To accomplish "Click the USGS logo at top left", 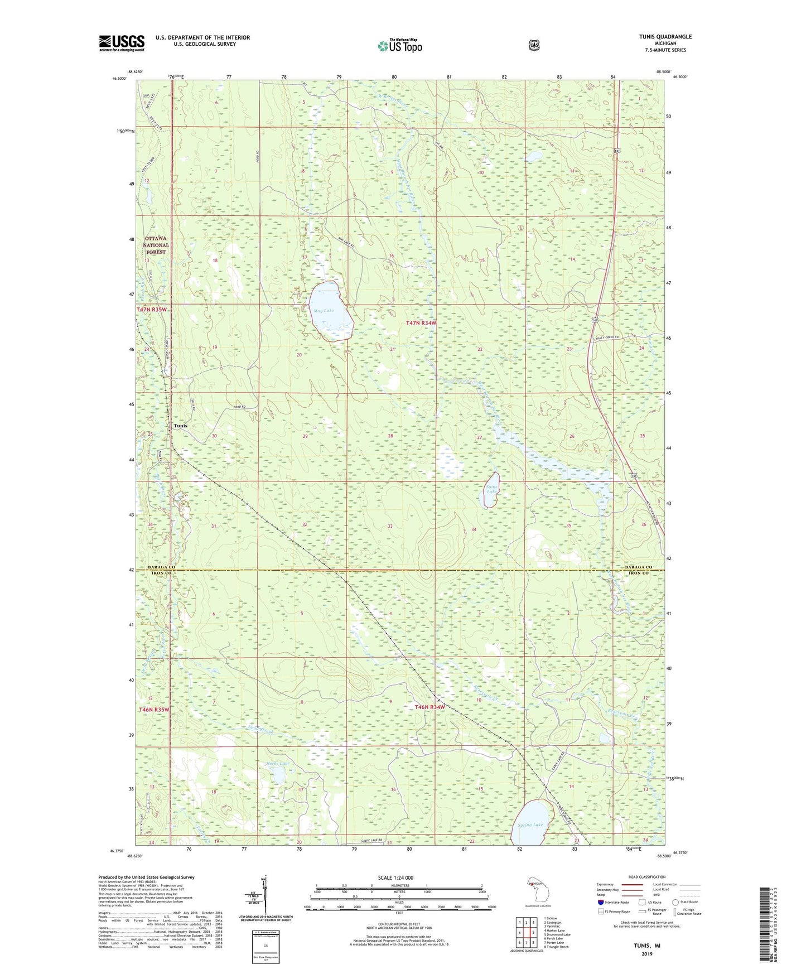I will click(122, 43).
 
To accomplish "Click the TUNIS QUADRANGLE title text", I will click(665, 37).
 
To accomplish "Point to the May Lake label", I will click(324, 311).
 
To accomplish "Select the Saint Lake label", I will click(491, 489).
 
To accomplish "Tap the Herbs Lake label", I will click(277, 764).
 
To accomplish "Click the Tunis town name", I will click(180, 426).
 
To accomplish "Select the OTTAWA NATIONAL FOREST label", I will click(156, 245).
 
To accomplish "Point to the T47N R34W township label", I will click(421, 323).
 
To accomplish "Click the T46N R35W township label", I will click(154, 709).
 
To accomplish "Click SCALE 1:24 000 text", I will click(395, 877).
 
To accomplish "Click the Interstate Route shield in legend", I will click(600, 902).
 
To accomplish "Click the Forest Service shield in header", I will click(534, 45).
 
